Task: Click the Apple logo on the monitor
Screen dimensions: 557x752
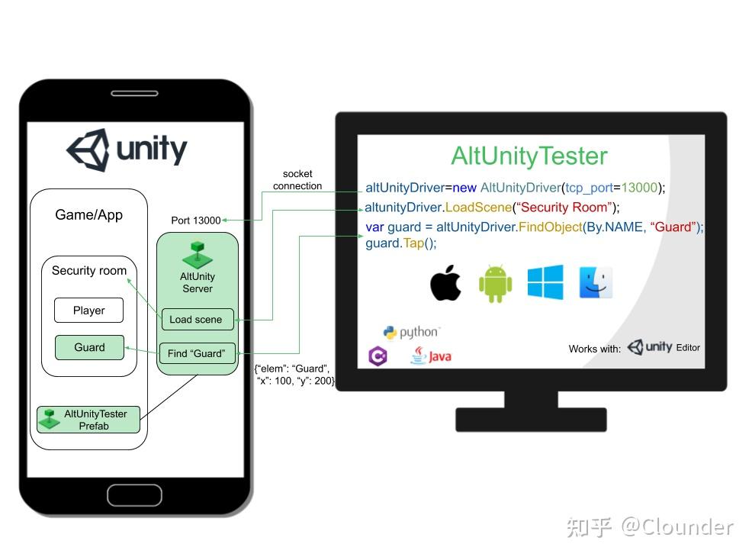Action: point(446,284)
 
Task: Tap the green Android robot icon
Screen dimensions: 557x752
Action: point(495,284)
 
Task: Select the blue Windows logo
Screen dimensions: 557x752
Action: point(545,282)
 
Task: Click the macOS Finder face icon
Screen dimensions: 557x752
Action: point(596,282)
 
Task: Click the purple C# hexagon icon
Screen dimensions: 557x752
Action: point(378,356)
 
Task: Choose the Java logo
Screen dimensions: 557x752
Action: point(431,356)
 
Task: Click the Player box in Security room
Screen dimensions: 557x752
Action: point(89,311)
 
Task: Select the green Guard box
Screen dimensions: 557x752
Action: point(89,347)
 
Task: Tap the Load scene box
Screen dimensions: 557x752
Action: point(196,320)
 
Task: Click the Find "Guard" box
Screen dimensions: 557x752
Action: point(197,353)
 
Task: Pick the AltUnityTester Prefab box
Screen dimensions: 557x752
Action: point(88,420)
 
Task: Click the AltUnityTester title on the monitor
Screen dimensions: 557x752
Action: point(529,156)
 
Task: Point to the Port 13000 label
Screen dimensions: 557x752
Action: point(196,221)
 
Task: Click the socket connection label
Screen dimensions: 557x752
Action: point(297,180)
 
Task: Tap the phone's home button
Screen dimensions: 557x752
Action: point(134,495)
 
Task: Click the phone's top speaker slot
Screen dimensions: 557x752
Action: point(135,93)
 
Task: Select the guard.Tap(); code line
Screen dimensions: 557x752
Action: point(401,243)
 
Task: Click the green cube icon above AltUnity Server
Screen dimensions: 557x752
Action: point(197,255)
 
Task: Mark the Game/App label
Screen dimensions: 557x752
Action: point(88,215)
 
